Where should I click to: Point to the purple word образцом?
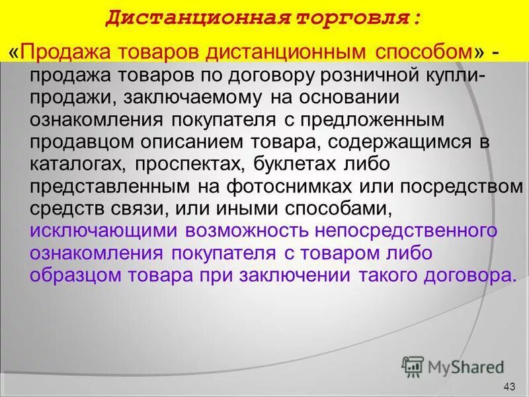[x=77, y=276]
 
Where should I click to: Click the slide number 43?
[x=509, y=386]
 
